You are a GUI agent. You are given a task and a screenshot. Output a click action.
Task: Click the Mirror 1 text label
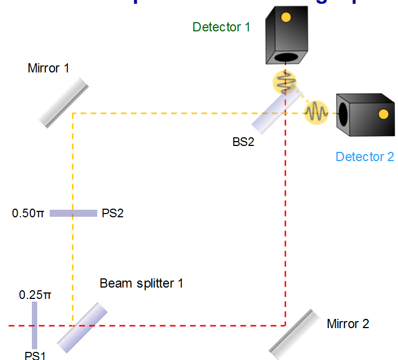[x=49, y=69]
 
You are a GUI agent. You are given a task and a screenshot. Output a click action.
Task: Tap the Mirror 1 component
[x=63, y=102]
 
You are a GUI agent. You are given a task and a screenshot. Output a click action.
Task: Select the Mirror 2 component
[x=292, y=334]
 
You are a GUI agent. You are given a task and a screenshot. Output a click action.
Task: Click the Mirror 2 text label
[x=348, y=324]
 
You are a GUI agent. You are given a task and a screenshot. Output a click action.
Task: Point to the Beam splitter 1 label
[x=141, y=283]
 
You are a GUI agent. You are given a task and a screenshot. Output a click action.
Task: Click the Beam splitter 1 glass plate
[x=82, y=326]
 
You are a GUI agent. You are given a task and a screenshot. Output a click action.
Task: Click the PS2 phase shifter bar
[x=73, y=213]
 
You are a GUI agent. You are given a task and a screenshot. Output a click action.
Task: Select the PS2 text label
[x=112, y=214]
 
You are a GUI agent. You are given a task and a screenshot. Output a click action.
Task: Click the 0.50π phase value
[x=28, y=214]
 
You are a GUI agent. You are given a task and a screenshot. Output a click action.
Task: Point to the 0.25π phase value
[x=35, y=295]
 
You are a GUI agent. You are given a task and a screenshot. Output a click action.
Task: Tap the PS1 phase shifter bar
[x=34, y=325]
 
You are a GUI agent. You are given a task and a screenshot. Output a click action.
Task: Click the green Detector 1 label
[x=221, y=26]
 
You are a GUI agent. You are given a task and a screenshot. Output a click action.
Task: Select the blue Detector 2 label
[x=365, y=157]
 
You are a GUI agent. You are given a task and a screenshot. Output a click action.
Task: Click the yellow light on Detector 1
[x=286, y=17]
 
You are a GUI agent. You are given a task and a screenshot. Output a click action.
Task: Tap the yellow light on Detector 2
[x=383, y=114]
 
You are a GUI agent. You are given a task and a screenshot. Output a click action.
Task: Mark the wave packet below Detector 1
[x=285, y=82]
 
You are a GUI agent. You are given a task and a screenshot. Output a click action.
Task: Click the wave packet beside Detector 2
[x=316, y=112]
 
